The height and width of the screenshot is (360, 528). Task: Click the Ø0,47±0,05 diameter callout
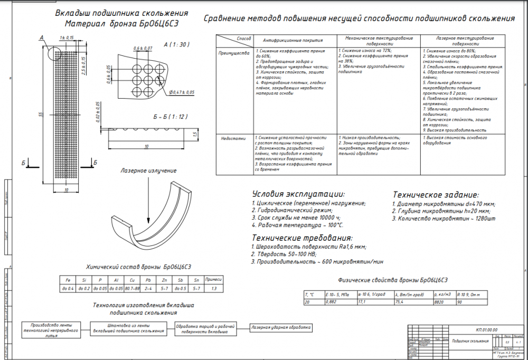tap(182, 92)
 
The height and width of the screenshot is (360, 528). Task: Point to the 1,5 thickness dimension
tap(194, 136)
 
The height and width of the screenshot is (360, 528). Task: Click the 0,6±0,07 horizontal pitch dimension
tap(143, 49)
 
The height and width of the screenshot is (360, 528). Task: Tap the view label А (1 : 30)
tap(176, 45)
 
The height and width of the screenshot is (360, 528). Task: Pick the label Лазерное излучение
tap(148, 171)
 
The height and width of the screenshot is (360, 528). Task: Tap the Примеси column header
tap(213, 280)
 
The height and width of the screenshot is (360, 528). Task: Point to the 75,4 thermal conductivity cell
tap(403, 302)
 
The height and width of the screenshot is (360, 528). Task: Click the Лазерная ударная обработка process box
tap(280, 328)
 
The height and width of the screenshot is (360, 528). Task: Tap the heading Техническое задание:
tap(436, 194)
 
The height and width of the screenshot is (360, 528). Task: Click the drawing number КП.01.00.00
tap(486, 329)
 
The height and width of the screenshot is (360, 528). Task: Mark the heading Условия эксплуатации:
tap(298, 194)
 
